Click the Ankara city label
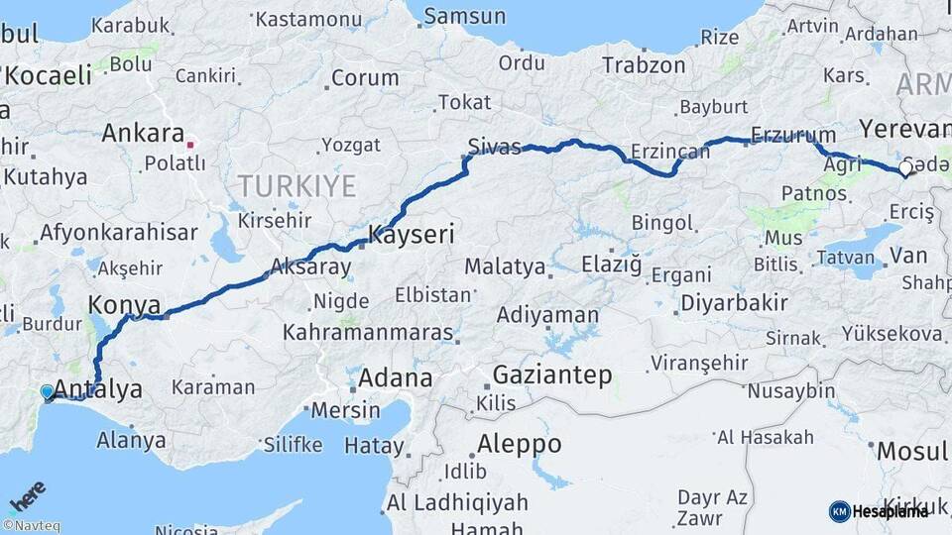pyautogui.click(x=143, y=132)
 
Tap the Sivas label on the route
pyautogui.click(x=494, y=148)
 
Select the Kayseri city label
pyautogui.click(x=412, y=235)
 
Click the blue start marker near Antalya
pyautogui.click(x=48, y=392)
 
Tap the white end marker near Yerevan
pyautogui.click(x=904, y=169)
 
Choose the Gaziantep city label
pyautogui.click(x=551, y=374)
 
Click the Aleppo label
pyautogui.click(x=519, y=442)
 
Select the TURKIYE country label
pyautogui.click(x=296, y=185)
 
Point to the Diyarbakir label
pyautogui.click(x=735, y=303)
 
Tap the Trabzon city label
pyautogui.click(x=644, y=65)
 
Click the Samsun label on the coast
pyautogui.click(x=463, y=17)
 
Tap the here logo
pyautogui.click(x=29, y=497)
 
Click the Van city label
pyautogui.click(x=908, y=256)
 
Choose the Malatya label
pyautogui.click(x=505, y=267)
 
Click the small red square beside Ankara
pyautogui.click(x=192, y=141)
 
